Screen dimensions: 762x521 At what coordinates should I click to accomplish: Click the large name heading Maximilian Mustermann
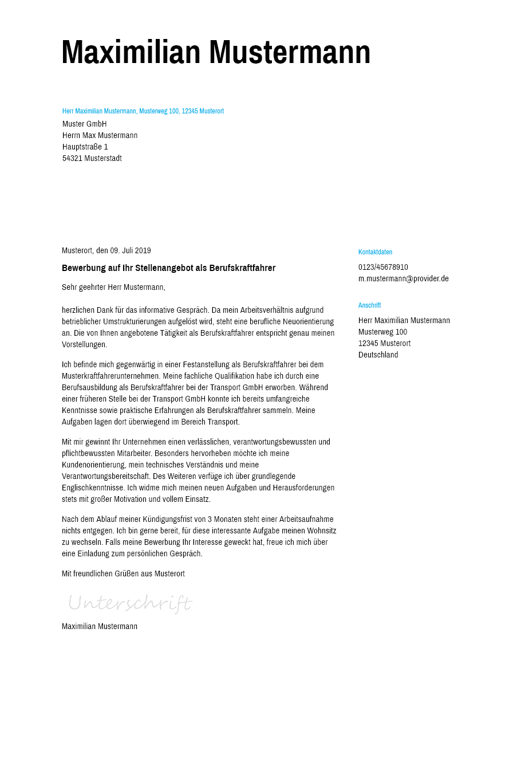coord(216,53)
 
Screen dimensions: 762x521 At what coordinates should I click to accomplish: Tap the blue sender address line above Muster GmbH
coord(143,111)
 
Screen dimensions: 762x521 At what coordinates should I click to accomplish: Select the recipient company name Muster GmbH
coord(85,124)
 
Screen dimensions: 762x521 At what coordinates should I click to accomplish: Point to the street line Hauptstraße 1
coord(85,147)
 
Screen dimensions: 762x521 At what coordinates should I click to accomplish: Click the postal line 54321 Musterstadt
coord(92,159)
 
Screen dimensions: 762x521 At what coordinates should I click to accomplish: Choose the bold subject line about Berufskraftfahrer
coord(168,268)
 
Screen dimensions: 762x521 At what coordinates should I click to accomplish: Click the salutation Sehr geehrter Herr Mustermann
coord(113,287)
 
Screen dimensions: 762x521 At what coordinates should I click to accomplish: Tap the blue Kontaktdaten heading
coord(375,252)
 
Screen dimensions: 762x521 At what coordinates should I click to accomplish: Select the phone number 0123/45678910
coord(383,268)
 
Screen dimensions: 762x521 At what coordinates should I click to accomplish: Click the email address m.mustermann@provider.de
coord(403,279)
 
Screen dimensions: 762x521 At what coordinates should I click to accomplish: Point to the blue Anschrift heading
coord(369,305)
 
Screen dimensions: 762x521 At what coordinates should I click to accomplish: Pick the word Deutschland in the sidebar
coord(378,355)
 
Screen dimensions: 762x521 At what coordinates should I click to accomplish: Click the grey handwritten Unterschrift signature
coord(129,603)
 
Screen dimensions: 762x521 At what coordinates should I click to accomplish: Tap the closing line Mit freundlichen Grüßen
coord(123,574)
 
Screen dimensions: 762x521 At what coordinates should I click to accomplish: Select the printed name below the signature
coord(100,627)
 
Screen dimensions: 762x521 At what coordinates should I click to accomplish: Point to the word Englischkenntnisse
coord(93,488)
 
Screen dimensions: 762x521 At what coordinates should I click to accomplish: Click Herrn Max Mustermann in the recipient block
coord(100,136)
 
